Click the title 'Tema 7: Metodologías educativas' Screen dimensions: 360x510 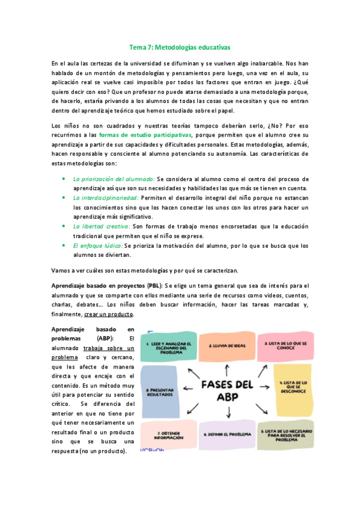(180, 46)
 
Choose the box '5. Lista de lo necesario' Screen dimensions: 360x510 (285, 434)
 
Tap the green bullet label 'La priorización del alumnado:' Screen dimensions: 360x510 (114, 179)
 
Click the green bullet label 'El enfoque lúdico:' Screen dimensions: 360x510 (98, 245)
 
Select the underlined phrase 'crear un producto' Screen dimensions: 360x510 (109, 314)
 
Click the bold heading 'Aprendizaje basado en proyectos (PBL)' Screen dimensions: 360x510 (106, 284)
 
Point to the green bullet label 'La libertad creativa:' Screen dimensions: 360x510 (102, 226)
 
